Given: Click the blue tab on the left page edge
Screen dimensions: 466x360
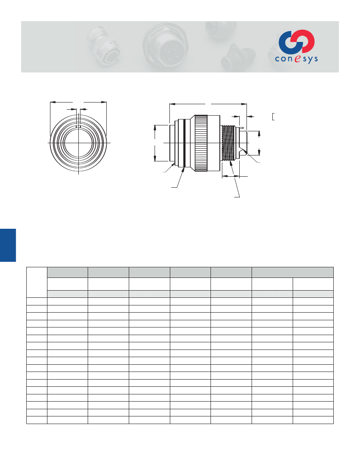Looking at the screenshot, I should [x=8, y=245].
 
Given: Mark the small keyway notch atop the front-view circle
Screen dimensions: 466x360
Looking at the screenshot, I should [x=78, y=126].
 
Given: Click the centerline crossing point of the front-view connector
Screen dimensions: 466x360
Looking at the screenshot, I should [x=78, y=143].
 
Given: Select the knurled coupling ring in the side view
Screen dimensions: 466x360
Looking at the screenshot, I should [x=200, y=143].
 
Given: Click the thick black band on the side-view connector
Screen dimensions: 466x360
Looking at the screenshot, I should [x=184, y=143].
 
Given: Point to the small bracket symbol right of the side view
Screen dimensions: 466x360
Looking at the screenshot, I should [x=273, y=116].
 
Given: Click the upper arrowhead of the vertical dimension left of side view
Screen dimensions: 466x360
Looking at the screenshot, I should [x=155, y=127].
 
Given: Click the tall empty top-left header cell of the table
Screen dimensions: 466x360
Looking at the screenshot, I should [x=36, y=282].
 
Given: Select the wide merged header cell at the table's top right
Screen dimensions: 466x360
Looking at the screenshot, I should [x=292, y=272].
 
